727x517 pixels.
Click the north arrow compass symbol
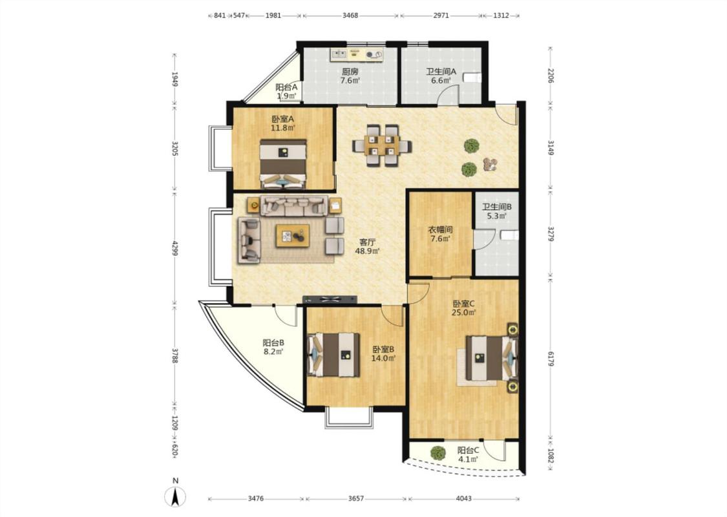click(x=175, y=496)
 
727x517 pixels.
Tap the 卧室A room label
click(x=283, y=119)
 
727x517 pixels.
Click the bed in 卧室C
click(x=492, y=357)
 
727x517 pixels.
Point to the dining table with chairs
click(x=381, y=145)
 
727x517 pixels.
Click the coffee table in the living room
click(x=293, y=236)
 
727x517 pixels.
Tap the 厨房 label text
click(x=350, y=72)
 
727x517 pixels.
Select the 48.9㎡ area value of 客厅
click(x=367, y=251)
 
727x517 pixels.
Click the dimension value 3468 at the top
click(x=350, y=16)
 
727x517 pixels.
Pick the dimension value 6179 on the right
click(x=551, y=359)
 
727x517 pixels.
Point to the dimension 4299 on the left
click(x=174, y=248)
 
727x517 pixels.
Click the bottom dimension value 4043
click(x=463, y=498)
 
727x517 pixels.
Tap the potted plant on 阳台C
click(x=437, y=452)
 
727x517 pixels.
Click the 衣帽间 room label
click(x=440, y=230)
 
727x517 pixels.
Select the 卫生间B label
click(x=496, y=207)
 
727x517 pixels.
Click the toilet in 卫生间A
click(x=473, y=77)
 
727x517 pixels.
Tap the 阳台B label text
click(x=273, y=343)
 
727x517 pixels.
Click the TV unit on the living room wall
click(x=330, y=299)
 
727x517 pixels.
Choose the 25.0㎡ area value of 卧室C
click(x=464, y=313)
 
